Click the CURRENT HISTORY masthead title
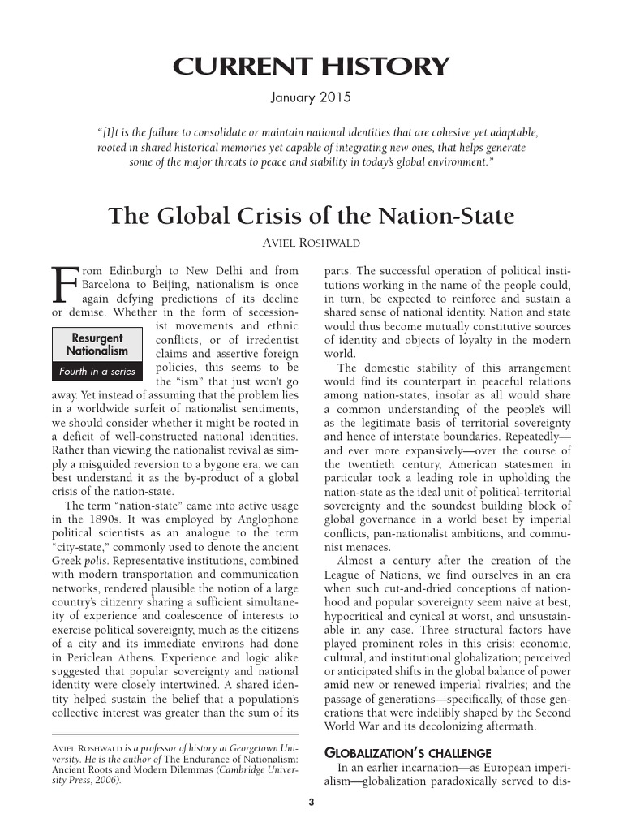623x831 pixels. (311, 67)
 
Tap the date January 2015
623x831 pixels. (311, 99)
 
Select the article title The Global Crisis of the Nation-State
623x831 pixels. (311, 217)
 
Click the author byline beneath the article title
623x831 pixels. (311, 243)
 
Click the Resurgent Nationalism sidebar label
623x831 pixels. (97, 344)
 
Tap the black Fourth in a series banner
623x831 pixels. (97, 372)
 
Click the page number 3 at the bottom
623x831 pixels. (311, 803)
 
